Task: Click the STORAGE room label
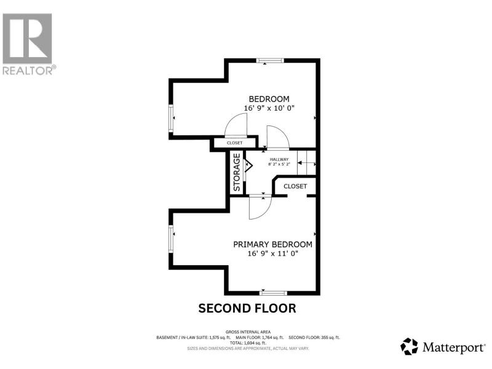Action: coord(237,172)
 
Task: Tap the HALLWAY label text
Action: coord(279,159)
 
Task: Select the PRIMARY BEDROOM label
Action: coord(272,244)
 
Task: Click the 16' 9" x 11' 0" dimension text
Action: coord(272,253)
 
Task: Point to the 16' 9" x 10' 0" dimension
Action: coord(269,108)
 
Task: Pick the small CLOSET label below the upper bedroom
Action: coord(235,143)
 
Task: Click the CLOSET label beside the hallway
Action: coord(295,186)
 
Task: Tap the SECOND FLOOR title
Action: coord(247,309)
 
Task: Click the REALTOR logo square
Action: coord(27,39)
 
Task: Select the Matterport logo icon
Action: coord(409,346)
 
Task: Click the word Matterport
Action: coord(453,347)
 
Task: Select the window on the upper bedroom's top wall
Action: coord(270,60)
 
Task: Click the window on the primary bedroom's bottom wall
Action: coord(273,293)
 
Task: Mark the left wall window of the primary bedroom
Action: coord(171,239)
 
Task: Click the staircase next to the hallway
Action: coord(306,162)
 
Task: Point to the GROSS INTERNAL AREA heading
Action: coord(248,332)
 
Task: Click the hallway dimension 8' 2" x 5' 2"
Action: coord(279,164)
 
